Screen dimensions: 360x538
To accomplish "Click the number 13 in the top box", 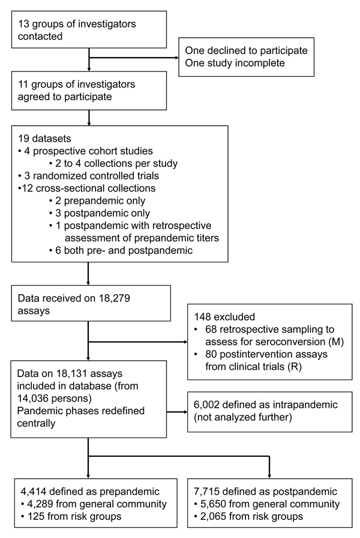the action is pyautogui.click(x=23, y=24).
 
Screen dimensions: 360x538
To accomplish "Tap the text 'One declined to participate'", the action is pyautogui.click(x=246, y=50).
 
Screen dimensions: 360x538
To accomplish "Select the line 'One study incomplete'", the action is pyautogui.click(x=235, y=63).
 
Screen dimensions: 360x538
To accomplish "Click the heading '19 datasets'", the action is pyautogui.click(x=44, y=139).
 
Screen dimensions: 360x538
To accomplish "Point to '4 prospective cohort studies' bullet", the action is pyautogui.click(x=85, y=151).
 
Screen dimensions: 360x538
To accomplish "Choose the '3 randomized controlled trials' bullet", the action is pyautogui.click(x=88, y=176).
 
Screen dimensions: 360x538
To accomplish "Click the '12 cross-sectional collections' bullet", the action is pyautogui.click(x=87, y=189).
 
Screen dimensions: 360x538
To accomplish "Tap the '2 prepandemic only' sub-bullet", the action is pyautogui.click(x=97, y=201).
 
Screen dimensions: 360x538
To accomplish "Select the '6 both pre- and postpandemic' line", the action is pyautogui.click(x=121, y=250).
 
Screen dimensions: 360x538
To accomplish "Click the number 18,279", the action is pyautogui.click(x=115, y=298).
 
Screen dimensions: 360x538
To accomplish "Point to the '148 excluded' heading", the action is pyautogui.click(x=224, y=316).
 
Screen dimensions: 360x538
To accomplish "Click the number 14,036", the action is pyautogui.click(x=32, y=399).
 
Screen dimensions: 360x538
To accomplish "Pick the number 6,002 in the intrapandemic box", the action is pyautogui.click(x=206, y=405).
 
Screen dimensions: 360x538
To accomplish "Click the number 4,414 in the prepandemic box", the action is pyautogui.click(x=33, y=492).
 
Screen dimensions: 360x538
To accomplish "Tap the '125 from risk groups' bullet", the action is pyautogui.click(x=71, y=517).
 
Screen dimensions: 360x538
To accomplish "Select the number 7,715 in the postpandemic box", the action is pyautogui.click(x=206, y=492).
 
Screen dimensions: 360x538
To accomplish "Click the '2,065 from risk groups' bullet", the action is pyautogui.click(x=248, y=517).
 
